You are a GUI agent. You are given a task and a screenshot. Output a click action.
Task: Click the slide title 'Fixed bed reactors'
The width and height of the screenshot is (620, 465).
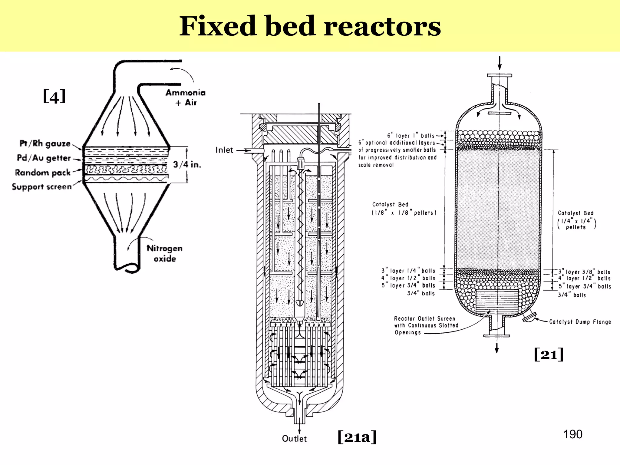click(310, 26)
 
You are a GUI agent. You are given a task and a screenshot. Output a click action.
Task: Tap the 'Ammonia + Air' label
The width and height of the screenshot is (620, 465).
click(186, 97)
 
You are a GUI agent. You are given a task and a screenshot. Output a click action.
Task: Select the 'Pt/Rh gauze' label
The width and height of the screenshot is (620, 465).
click(45, 143)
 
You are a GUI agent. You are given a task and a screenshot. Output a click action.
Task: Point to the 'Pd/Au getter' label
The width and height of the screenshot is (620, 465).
click(44, 158)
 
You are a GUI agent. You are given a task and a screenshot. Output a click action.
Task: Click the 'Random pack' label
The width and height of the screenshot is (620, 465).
click(43, 173)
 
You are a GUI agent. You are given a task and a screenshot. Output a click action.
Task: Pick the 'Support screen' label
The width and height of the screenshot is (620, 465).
click(42, 186)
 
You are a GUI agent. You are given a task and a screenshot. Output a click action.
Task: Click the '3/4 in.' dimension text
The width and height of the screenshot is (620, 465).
click(187, 164)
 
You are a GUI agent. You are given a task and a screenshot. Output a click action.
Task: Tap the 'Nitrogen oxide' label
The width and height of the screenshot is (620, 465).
click(165, 253)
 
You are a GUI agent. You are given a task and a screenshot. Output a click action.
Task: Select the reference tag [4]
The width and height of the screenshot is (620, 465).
click(54, 97)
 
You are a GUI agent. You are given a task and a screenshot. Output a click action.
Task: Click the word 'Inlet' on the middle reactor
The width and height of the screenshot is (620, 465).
click(224, 150)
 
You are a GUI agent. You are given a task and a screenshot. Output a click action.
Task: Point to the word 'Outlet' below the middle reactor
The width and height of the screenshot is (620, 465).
click(294, 439)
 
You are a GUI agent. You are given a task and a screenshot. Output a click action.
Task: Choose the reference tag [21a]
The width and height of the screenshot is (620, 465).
click(357, 437)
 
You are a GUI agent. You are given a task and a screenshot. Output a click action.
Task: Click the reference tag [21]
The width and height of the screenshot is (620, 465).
click(549, 354)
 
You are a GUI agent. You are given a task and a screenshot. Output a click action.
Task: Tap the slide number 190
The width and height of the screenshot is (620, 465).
click(573, 434)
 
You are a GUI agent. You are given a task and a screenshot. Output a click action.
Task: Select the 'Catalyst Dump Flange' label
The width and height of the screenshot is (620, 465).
click(580, 322)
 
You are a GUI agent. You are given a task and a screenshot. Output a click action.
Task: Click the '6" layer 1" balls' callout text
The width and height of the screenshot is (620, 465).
click(411, 135)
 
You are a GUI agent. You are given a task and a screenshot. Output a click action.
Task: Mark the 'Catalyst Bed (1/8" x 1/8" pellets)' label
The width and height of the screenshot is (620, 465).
click(404, 209)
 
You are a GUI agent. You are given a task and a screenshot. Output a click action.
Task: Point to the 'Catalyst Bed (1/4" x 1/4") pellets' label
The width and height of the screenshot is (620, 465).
click(576, 220)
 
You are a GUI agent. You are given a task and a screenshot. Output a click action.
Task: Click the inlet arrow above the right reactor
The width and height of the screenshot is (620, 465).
click(500, 63)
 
